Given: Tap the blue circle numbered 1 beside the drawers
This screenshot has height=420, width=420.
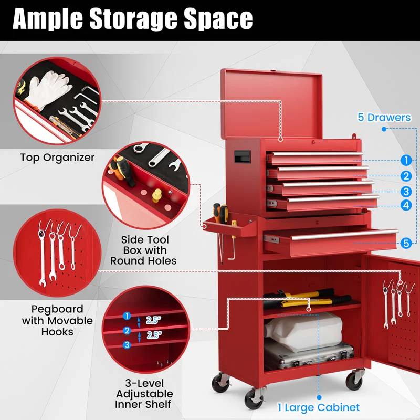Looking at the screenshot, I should point(405,160).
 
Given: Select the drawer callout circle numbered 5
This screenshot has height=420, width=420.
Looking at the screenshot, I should point(405,243).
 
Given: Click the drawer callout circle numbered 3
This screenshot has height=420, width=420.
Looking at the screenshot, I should point(405,192).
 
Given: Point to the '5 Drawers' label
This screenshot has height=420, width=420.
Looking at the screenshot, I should point(384,117).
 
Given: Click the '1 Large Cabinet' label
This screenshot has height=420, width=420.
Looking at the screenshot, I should point(319,407).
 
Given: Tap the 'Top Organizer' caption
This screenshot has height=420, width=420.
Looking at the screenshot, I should point(57,157).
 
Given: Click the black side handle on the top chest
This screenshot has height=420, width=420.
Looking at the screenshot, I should point(241,156).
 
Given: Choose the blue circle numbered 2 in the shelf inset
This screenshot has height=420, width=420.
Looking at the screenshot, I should point(127,331).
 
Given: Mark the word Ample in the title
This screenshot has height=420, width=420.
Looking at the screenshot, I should point(45,19).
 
